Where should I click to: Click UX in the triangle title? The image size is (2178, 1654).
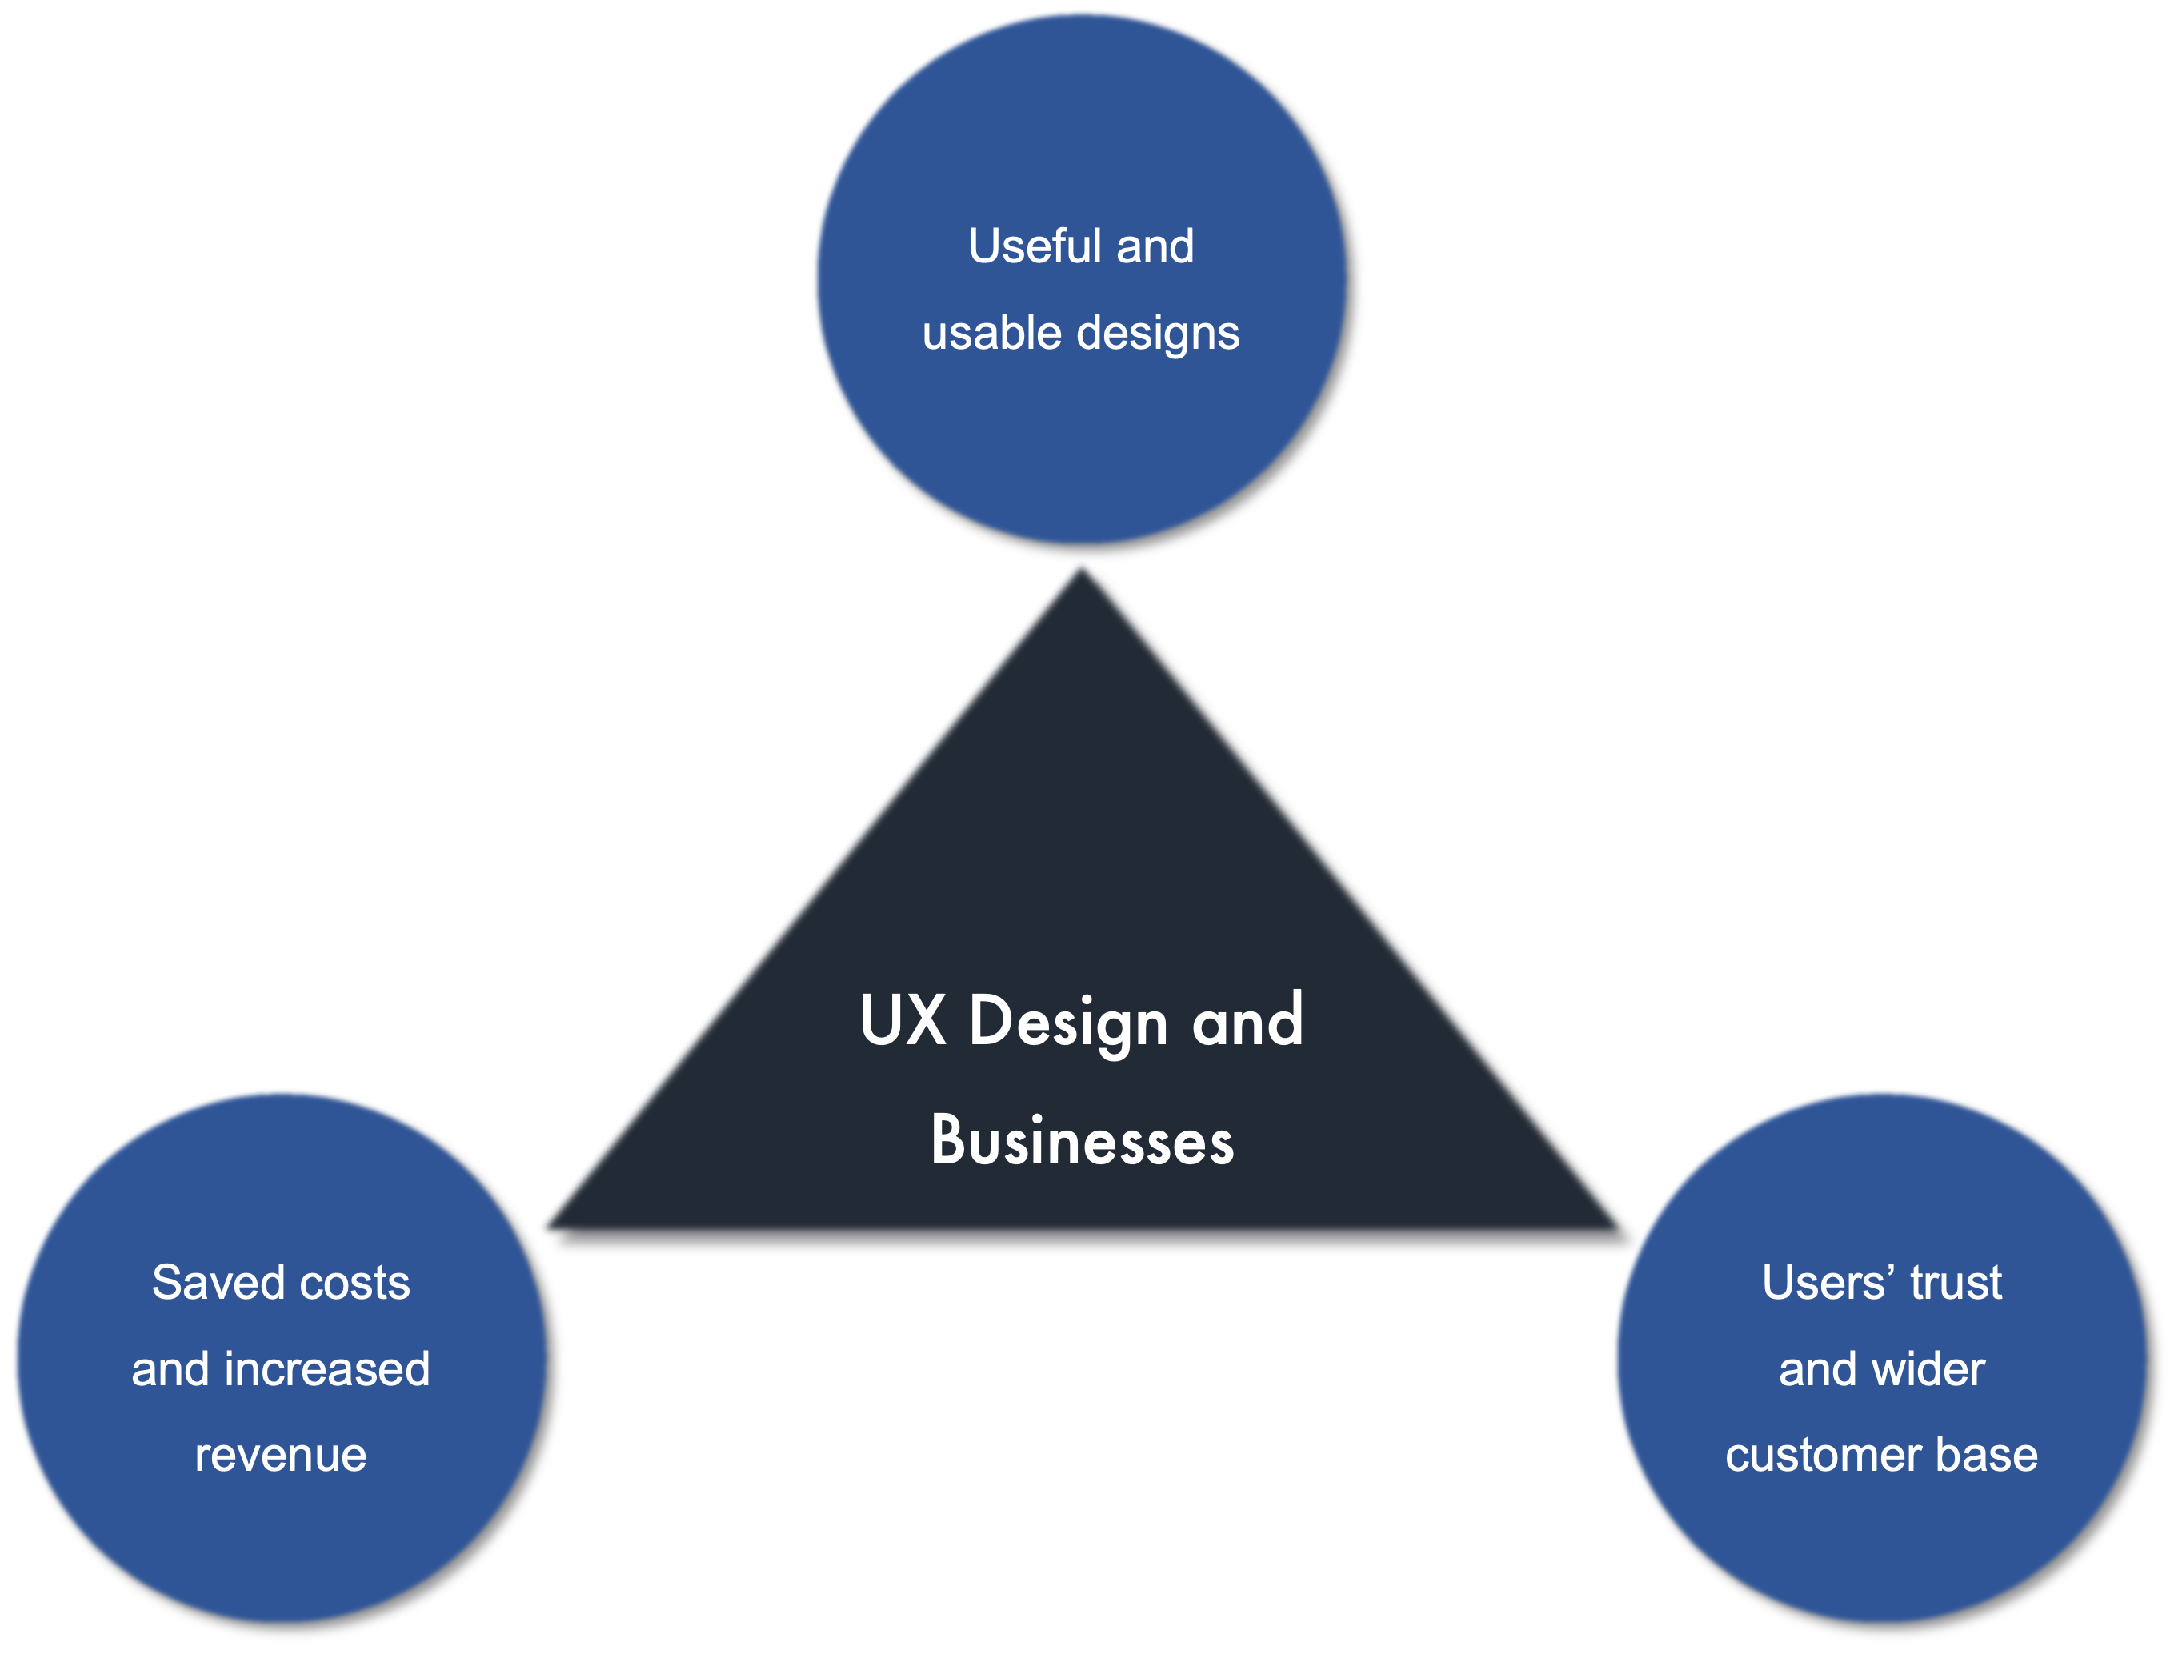pos(902,1020)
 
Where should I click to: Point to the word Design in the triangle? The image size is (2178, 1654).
pos(1068,1022)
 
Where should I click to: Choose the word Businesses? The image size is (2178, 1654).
pos(1081,1141)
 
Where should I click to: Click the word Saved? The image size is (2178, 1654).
pos(218,1282)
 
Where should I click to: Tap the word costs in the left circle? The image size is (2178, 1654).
pos(354,1283)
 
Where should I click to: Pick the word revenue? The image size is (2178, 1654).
pos(281,1455)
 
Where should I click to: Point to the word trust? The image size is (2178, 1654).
pos(1956,1283)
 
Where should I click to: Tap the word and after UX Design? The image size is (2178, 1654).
pos(1247,1020)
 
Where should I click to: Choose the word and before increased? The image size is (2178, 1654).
pos(170,1368)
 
